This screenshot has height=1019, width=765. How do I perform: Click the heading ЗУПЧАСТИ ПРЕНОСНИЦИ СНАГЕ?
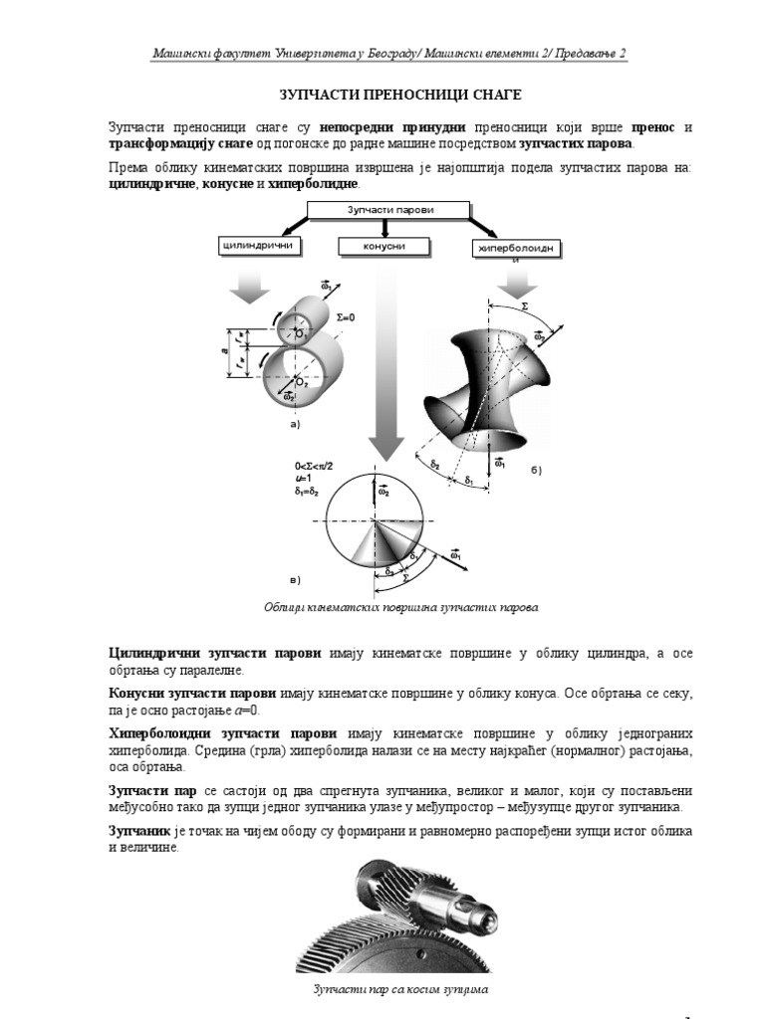pos(398,95)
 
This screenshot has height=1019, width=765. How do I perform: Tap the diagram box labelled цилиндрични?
pos(257,245)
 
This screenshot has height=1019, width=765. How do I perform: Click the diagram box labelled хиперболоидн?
pos(515,247)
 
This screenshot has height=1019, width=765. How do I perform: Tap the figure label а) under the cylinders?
pos(295,424)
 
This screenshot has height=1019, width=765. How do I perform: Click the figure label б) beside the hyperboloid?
pos(536,469)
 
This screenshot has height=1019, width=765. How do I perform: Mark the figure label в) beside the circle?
pos(294,578)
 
